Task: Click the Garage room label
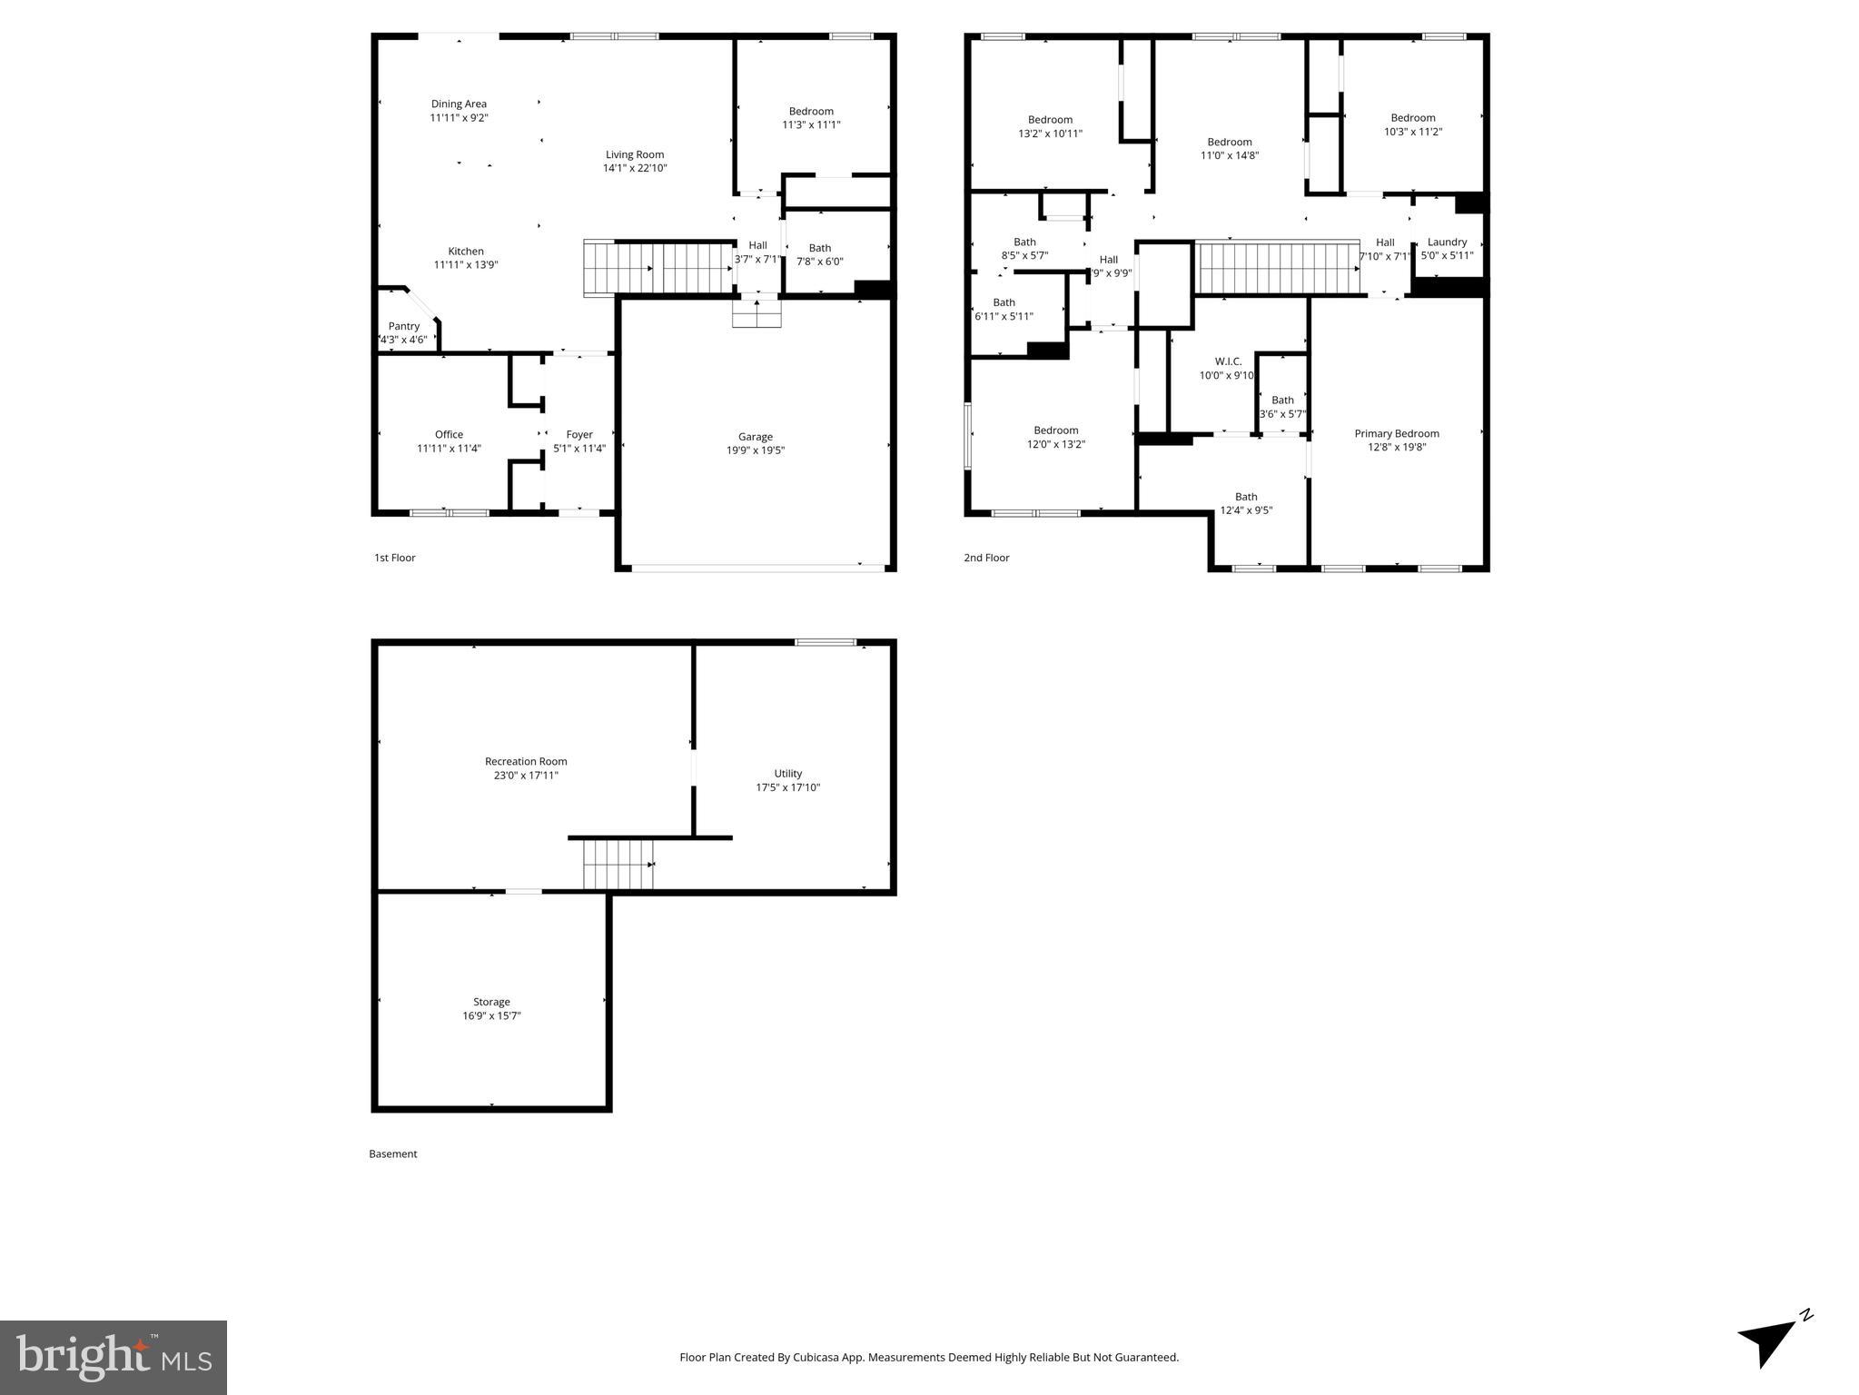tap(755, 437)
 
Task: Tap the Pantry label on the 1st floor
tap(404, 326)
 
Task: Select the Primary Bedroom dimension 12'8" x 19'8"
tap(1396, 447)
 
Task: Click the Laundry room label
tap(1447, 242)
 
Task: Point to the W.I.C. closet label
tap(1228, 361)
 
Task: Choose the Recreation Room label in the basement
tap(526, 762)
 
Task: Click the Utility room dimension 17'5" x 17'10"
tap(787, 787)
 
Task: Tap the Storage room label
tap(491, 1002)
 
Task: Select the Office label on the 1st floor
tap(449, 434)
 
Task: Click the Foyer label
tap(579, 434)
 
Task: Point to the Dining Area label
tap(459, 104)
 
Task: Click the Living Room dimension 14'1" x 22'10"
tap(635, 168)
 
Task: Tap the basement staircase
tap(618, 865)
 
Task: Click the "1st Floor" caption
tap(394, 558)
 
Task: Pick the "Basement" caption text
tap(392, 1153)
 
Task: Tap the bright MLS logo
tap(114, 1357)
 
